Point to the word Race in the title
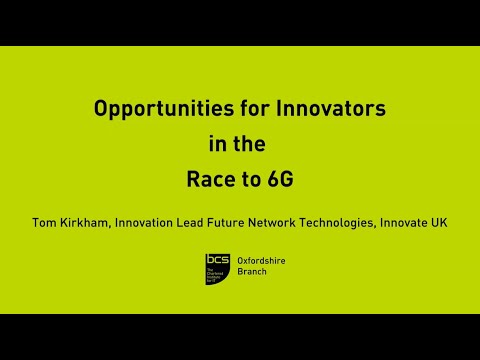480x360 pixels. pyautogui.click(x=209, y=181)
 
